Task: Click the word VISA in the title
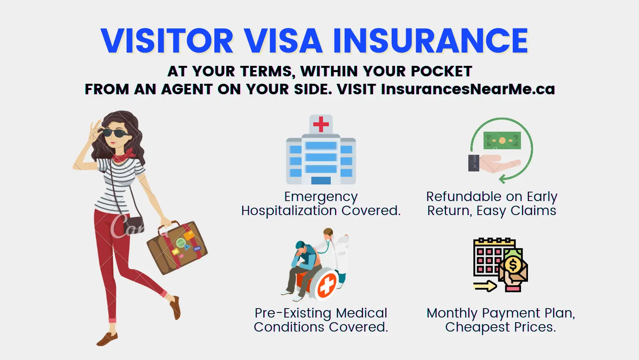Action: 283,41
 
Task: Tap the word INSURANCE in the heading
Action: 430,41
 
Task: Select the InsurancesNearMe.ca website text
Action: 468,89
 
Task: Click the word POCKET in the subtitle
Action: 441,71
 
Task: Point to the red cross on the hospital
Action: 321,124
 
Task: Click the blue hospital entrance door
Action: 321,180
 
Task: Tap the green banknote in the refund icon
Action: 502,140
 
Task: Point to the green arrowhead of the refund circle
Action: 503,179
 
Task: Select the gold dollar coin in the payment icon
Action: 513,265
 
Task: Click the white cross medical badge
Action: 327,286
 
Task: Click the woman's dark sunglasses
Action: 116,133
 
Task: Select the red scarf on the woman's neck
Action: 125,155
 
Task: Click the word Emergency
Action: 321,197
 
